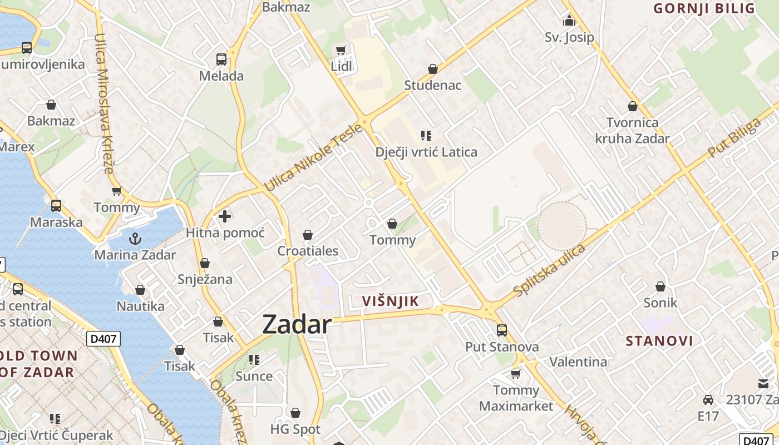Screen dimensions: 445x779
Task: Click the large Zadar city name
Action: click(297, 324)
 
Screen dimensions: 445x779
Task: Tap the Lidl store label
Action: click(342, 67)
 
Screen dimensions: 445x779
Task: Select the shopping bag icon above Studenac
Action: click(433, 69)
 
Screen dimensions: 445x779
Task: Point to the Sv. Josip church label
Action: click(569, 37)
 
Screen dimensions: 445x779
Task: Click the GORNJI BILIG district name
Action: click(704, 8)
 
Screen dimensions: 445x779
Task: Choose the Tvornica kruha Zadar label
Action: click(632, 130)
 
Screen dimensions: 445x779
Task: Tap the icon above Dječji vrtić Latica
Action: click(426, 135)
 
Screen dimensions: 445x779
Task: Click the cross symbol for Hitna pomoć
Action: click(225, 216)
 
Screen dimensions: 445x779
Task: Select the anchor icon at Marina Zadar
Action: click(135, 239)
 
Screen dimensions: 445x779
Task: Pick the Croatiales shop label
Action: click(308, 251)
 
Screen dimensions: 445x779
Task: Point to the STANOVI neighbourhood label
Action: click(659, 341)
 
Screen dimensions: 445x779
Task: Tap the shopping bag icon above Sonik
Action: click(660, 286)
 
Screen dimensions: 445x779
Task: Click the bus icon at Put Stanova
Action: click(502, 330)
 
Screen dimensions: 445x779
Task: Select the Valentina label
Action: click(578, 362)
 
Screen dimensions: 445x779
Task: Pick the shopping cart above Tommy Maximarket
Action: click(516, 374)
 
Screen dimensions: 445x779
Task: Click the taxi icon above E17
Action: click(708, 399)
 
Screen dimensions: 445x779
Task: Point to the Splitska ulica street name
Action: click(549, 270)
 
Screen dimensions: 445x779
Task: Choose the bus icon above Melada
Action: click(221, 59)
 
